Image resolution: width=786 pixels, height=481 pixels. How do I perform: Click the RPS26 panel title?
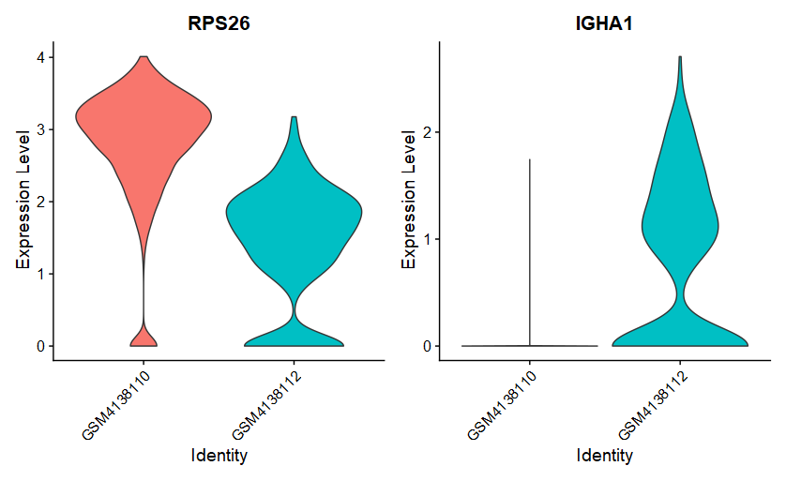219,23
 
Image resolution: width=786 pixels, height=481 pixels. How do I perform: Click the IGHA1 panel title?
604,23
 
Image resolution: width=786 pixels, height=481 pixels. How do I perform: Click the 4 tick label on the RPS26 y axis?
39,57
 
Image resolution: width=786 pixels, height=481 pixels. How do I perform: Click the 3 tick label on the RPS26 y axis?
39,129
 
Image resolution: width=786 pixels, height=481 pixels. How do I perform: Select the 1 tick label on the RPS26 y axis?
39,274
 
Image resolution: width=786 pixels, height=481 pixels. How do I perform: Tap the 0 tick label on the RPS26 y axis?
39,346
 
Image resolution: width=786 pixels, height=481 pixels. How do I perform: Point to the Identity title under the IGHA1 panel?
604,457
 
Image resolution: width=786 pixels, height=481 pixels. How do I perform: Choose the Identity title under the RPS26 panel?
219,457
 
